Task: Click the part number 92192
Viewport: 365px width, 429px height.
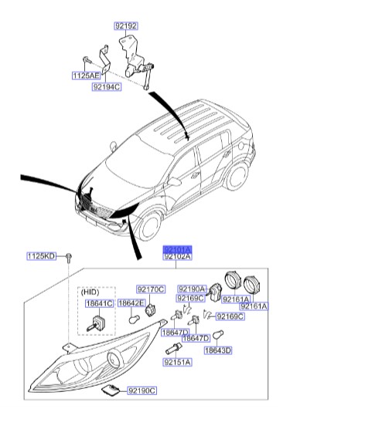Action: pos(126,25)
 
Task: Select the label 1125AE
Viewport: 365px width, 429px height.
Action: pos(86,76)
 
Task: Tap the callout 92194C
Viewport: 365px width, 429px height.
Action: pos(107,88)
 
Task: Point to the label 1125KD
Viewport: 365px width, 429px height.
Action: pos(41,255)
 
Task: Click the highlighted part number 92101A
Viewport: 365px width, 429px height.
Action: pos(177,249)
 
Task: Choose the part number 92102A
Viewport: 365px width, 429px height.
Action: pos(177,257)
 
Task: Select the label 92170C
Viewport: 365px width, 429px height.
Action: pos(151,289)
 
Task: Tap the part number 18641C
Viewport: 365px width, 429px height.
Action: pos(98,304)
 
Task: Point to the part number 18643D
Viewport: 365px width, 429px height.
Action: pos(217,350)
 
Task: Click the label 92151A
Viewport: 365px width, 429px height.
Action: pos(177,361)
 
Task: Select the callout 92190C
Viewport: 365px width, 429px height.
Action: pos(142,391)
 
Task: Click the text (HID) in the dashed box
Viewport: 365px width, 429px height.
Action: pos(90,293)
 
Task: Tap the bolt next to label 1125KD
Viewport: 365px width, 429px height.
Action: pos(68,256)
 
